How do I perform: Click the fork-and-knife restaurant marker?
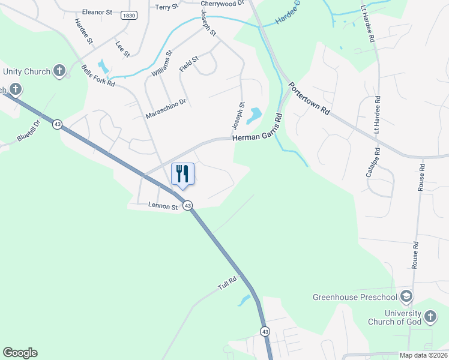click(x=183, y=174)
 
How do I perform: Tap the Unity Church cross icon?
click(x=59, y=71)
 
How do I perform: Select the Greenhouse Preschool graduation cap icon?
click(x=406, y=297)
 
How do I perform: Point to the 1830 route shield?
click(x=128, y=15)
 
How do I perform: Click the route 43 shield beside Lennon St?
click(x=188, y=205)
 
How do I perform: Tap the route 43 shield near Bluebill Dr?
click(x=57, y=124)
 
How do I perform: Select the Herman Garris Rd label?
click(x=257, y=138)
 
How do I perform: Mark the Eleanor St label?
click(x=97, y=11)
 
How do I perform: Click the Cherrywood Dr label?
click(x=223, y=3)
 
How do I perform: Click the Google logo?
click(x=20, y=353)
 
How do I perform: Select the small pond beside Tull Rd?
click(x=244, y=300)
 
